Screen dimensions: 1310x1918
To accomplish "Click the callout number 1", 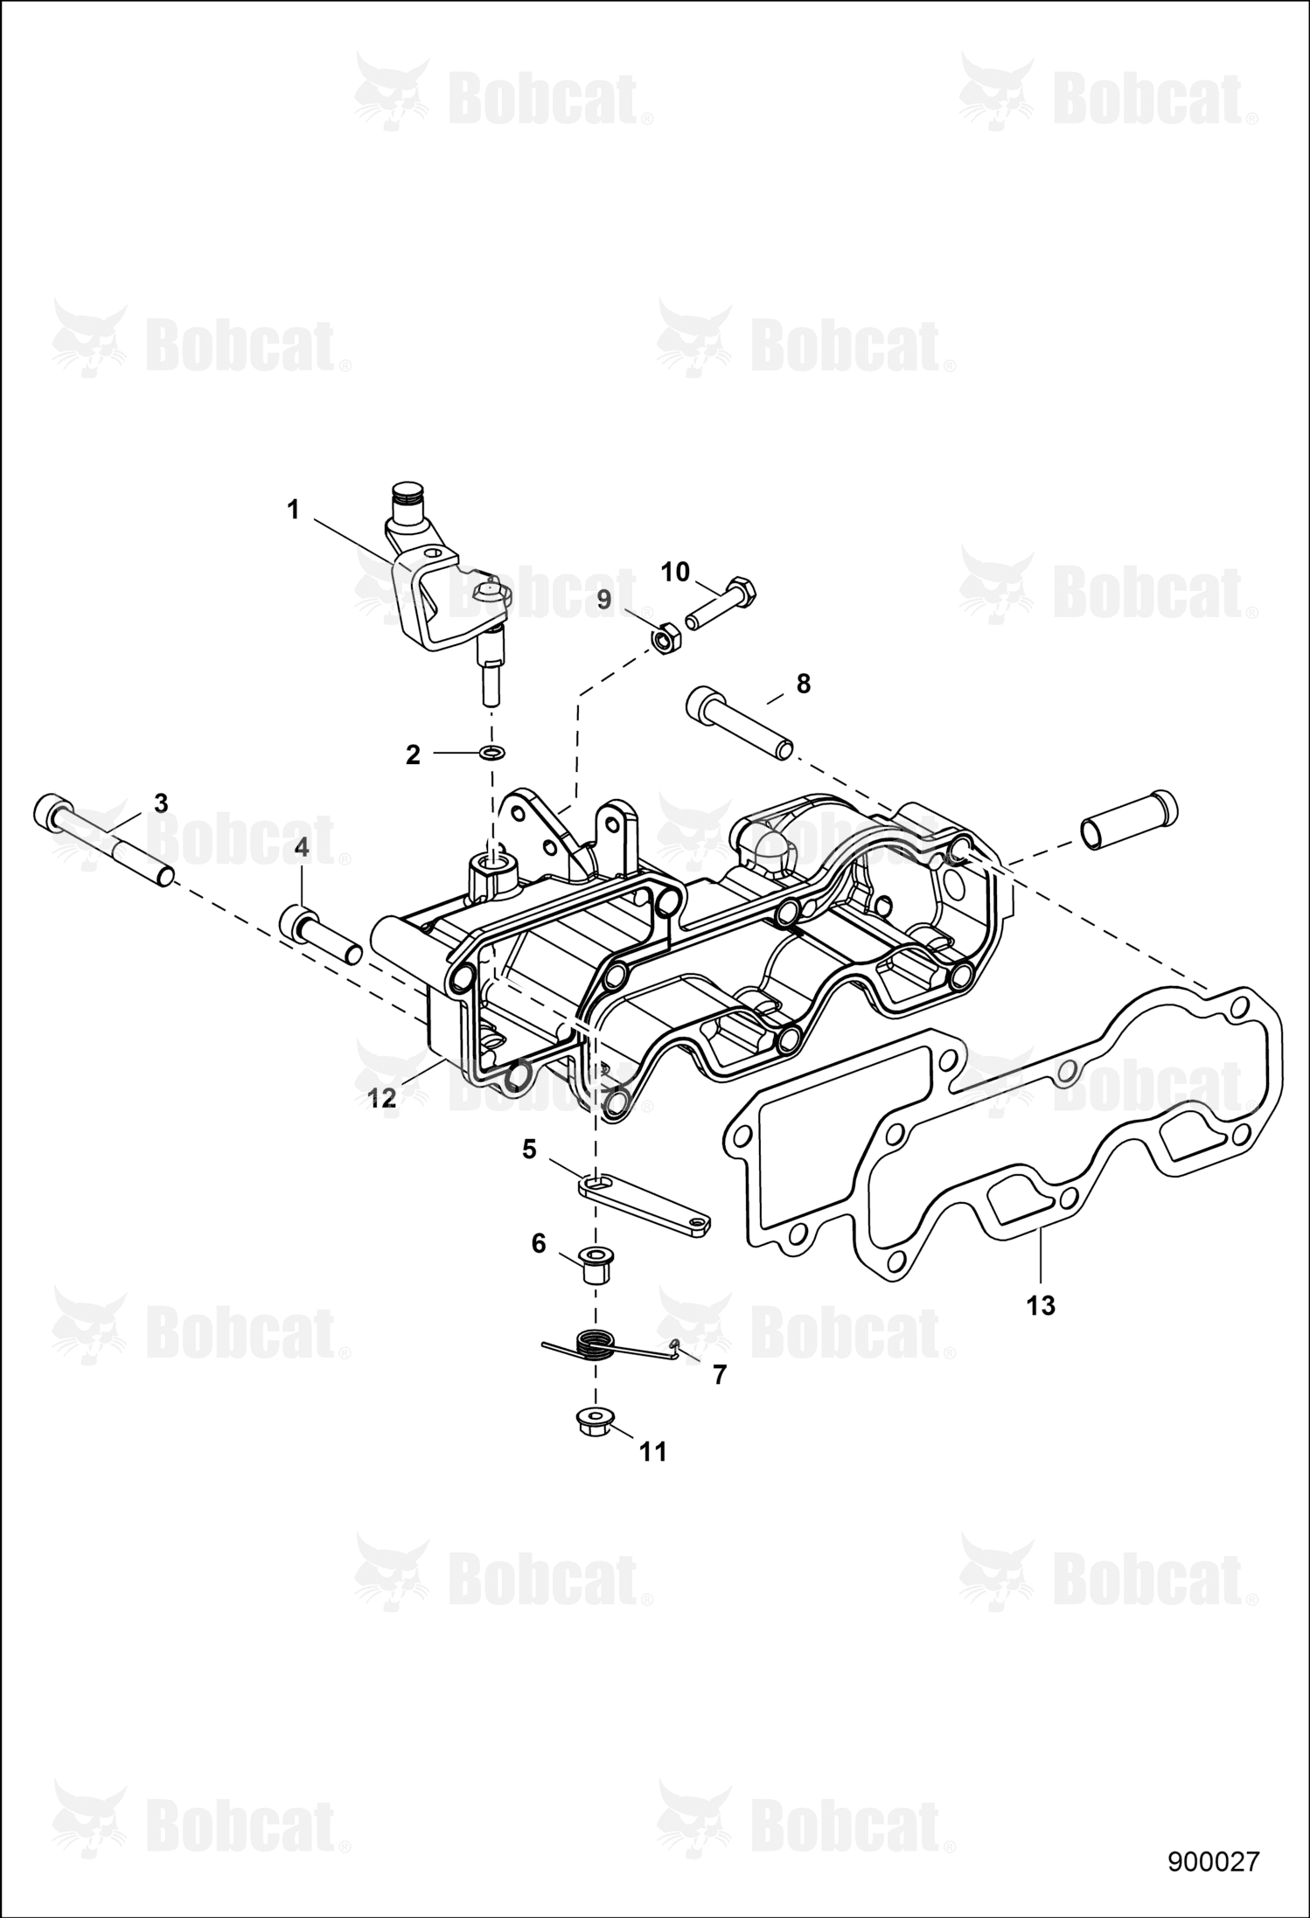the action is pos(294,509).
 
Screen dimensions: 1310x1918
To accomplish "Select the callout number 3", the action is pos(161,803).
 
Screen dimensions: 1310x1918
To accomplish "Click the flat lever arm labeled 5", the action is pos(645,1200).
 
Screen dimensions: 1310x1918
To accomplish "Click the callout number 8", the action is pos(804,684).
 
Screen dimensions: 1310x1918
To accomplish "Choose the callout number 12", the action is pos(381,1100).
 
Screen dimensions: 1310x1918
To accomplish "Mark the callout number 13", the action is pos(1041,1306).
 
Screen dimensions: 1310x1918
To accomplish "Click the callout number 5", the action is pos(529,1150).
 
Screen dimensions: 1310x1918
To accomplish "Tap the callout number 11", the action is pos(652,1452).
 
